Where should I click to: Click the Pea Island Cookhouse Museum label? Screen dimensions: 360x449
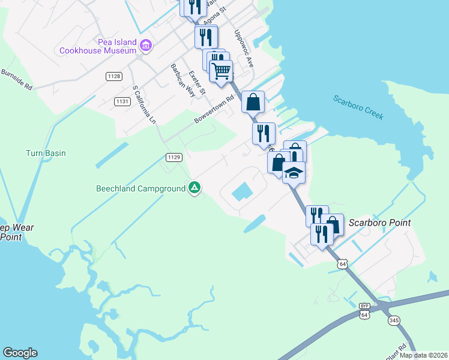pos(98,46)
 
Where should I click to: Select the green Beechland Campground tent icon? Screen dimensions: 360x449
pos(194,188)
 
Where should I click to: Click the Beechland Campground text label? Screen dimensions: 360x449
pos(141,188)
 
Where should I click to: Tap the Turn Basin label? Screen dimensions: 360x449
pos(46,153)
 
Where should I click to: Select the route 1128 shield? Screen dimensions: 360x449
pos(113,76)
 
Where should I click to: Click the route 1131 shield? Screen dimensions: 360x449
pos(122,101)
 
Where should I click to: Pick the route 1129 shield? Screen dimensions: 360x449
pos(174,157)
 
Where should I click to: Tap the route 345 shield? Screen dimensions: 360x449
pos(394,321)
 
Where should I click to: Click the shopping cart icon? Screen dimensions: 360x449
pos(221,71)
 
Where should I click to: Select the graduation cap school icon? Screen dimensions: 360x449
pos(294,173)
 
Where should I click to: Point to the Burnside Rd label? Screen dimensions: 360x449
pos(16,79)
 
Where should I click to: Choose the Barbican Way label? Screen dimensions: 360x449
pos(183,80)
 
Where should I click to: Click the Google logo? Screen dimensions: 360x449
pos(20,353)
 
